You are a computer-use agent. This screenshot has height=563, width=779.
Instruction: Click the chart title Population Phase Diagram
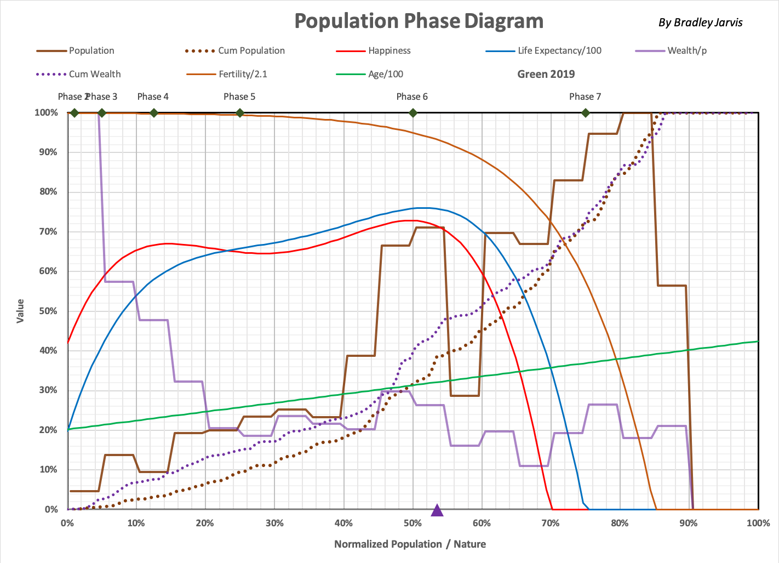tap(419, 21)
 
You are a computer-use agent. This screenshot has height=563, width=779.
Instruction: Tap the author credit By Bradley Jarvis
tap(701, 22)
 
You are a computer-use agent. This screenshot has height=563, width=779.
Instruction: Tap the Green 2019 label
tap(546, 74)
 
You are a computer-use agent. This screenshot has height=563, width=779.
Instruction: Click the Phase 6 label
tap(412, 96)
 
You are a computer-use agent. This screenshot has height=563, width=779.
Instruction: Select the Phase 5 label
tap(239, 96)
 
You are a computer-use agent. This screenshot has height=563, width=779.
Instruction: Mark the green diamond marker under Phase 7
tap(586, 113)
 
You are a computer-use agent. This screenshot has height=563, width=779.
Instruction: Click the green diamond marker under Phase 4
tap(154, 113)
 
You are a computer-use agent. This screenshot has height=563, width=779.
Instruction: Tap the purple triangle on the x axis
tap(437, 511)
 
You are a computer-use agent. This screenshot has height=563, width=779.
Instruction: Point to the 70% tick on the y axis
tap(48, 231)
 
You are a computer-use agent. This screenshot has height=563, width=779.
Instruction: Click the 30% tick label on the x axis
tap(274, 523)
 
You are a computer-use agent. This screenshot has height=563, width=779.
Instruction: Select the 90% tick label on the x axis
tap(689, 523)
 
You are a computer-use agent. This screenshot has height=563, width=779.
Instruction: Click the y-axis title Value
tap(20, 311)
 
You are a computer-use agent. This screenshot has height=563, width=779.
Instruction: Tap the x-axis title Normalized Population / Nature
tap(410, 544)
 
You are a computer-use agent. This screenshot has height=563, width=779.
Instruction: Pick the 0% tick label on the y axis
tap(51, 509)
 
